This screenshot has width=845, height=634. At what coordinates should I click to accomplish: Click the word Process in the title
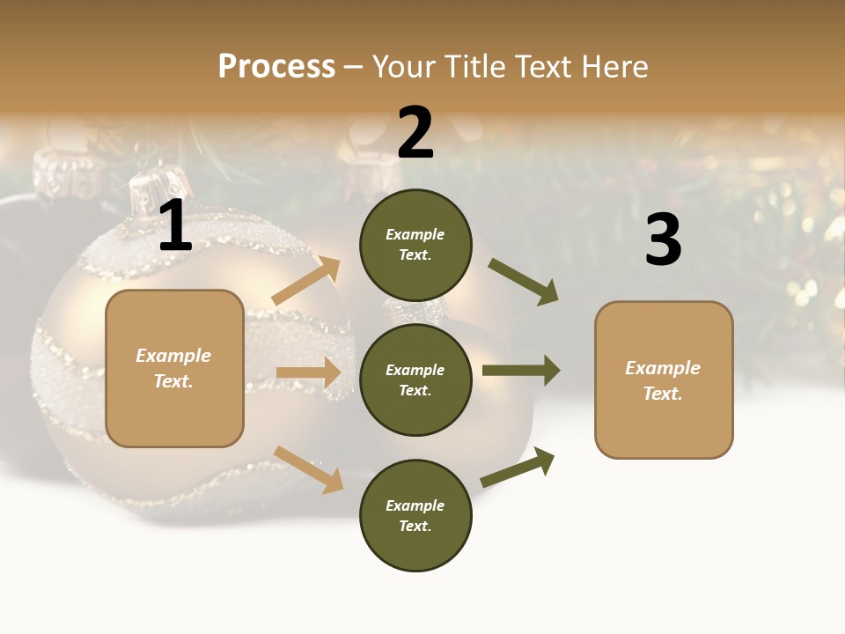(276, 67)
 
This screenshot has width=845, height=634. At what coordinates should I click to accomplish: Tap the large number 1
(175, 227)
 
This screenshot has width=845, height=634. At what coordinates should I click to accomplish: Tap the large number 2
(415, 134)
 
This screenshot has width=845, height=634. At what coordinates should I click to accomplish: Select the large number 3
(663, 240)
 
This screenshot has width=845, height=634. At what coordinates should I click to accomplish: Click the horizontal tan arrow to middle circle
(309, 372)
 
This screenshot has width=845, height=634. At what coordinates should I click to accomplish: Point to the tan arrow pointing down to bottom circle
(308, 469)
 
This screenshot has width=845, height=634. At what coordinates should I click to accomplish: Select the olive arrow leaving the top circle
(523, 281)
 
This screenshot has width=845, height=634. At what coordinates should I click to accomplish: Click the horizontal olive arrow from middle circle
(521, 370)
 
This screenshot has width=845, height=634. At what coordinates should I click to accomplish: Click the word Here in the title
(613, 67)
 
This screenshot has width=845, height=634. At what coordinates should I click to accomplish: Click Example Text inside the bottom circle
(415, 516)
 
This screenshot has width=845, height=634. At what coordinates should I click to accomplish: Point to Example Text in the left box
(173, 368)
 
